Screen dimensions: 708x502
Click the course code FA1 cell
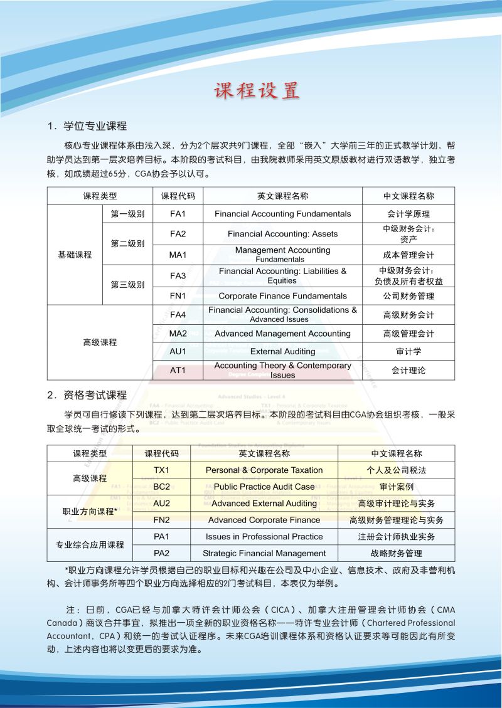pyautogui.click(x=178, y=214)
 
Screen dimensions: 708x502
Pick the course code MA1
pyautogui.click(x=178, y=255)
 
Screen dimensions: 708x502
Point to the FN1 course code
pyautogui.click(x=178, y=295)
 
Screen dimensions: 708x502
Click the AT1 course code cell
pyautogui.click(x=178, y=370)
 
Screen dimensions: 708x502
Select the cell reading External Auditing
pyautogui.click(x=282, y=351)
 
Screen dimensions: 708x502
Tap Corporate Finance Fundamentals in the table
pyautogui.click(x=282, y=295)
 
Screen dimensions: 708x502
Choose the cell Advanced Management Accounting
pyautogui.click(x=282, y=333)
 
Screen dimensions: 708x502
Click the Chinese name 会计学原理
pyautogui.click(x=409, y=214)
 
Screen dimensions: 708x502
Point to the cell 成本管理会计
pyautogui.click(x=409, y=255)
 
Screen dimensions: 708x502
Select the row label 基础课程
pyautogui.click(x=75, y=255)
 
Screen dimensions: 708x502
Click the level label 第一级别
pyautogui.click(x=127, y=214)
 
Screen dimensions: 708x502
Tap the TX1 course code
pyautogui.click(x=162, y=470)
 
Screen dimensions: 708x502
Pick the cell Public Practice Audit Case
pyautogui.click(x=264, y=486)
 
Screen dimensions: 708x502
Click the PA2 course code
pyautogui.click(x=162, y=553)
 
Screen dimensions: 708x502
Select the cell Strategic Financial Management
pyautogui.click(x=264, y=553)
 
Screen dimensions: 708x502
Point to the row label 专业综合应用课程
pyautogui.click(x=90, y=545)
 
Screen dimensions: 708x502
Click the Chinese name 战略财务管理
pyautogui.click(x=396, y=553)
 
